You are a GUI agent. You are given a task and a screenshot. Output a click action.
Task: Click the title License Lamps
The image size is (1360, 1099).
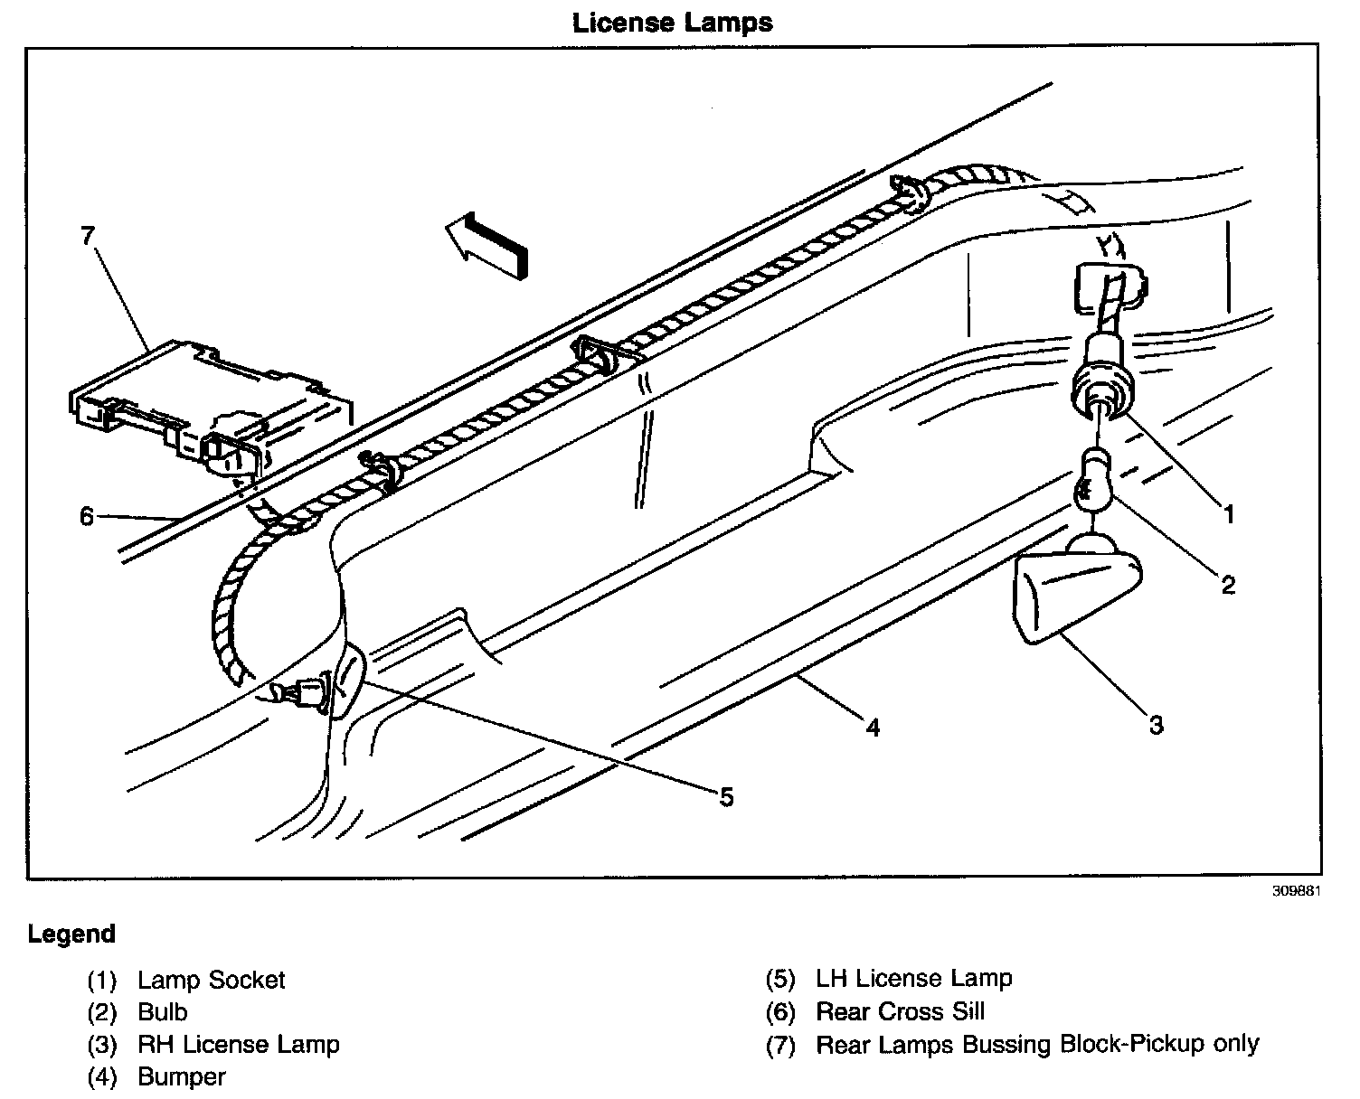pos(673,23)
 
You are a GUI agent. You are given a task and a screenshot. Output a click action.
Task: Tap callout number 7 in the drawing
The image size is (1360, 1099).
pos(87,237)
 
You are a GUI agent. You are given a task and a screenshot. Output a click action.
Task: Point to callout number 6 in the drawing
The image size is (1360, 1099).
pos(87,516)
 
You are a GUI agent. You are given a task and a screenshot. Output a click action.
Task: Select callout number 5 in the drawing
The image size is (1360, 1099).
pos(726,796)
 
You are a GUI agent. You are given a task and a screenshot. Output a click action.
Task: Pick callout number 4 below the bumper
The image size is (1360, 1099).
pos(872,726)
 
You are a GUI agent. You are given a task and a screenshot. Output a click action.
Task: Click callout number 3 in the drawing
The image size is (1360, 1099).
pos(1156,724)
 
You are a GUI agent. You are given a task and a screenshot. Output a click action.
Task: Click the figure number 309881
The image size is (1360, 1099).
pos(1298,889)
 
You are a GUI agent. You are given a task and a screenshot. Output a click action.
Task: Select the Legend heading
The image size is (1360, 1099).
pos(71,933)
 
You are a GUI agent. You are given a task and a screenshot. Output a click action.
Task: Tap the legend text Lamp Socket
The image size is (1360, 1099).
pos(211,980)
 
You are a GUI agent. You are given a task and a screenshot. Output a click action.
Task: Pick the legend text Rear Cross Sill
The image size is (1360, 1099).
pos(900,1011)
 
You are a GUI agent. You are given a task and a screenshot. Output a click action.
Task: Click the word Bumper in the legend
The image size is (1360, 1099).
pos(182,1076)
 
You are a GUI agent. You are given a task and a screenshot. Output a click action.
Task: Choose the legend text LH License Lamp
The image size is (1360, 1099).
pos(913,978)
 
